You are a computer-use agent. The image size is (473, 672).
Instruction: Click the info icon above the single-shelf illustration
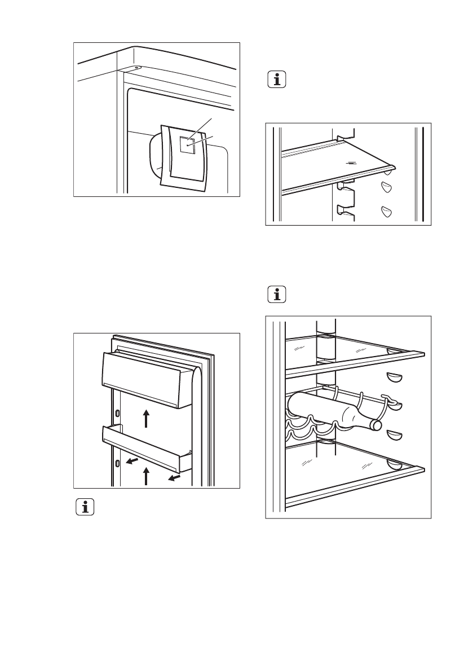(x=276, y=80)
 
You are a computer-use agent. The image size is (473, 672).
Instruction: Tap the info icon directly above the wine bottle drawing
(x=276, y=295)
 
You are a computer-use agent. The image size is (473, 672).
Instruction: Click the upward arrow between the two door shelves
(x=145, y=419)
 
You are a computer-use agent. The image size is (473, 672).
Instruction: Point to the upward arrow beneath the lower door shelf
(x=145, y=476)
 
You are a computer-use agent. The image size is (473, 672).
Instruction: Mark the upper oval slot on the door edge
(x=117, y=413)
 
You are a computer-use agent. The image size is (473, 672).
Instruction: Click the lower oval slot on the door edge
(x=117, y=464)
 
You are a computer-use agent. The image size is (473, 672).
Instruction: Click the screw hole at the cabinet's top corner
(x=137, y=67)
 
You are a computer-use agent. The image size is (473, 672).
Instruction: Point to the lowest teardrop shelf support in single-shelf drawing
(x=386, y=211)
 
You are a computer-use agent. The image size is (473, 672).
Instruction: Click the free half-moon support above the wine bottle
(x=394, y=376)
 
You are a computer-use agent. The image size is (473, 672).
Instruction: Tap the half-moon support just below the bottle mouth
(x=394, y=435)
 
